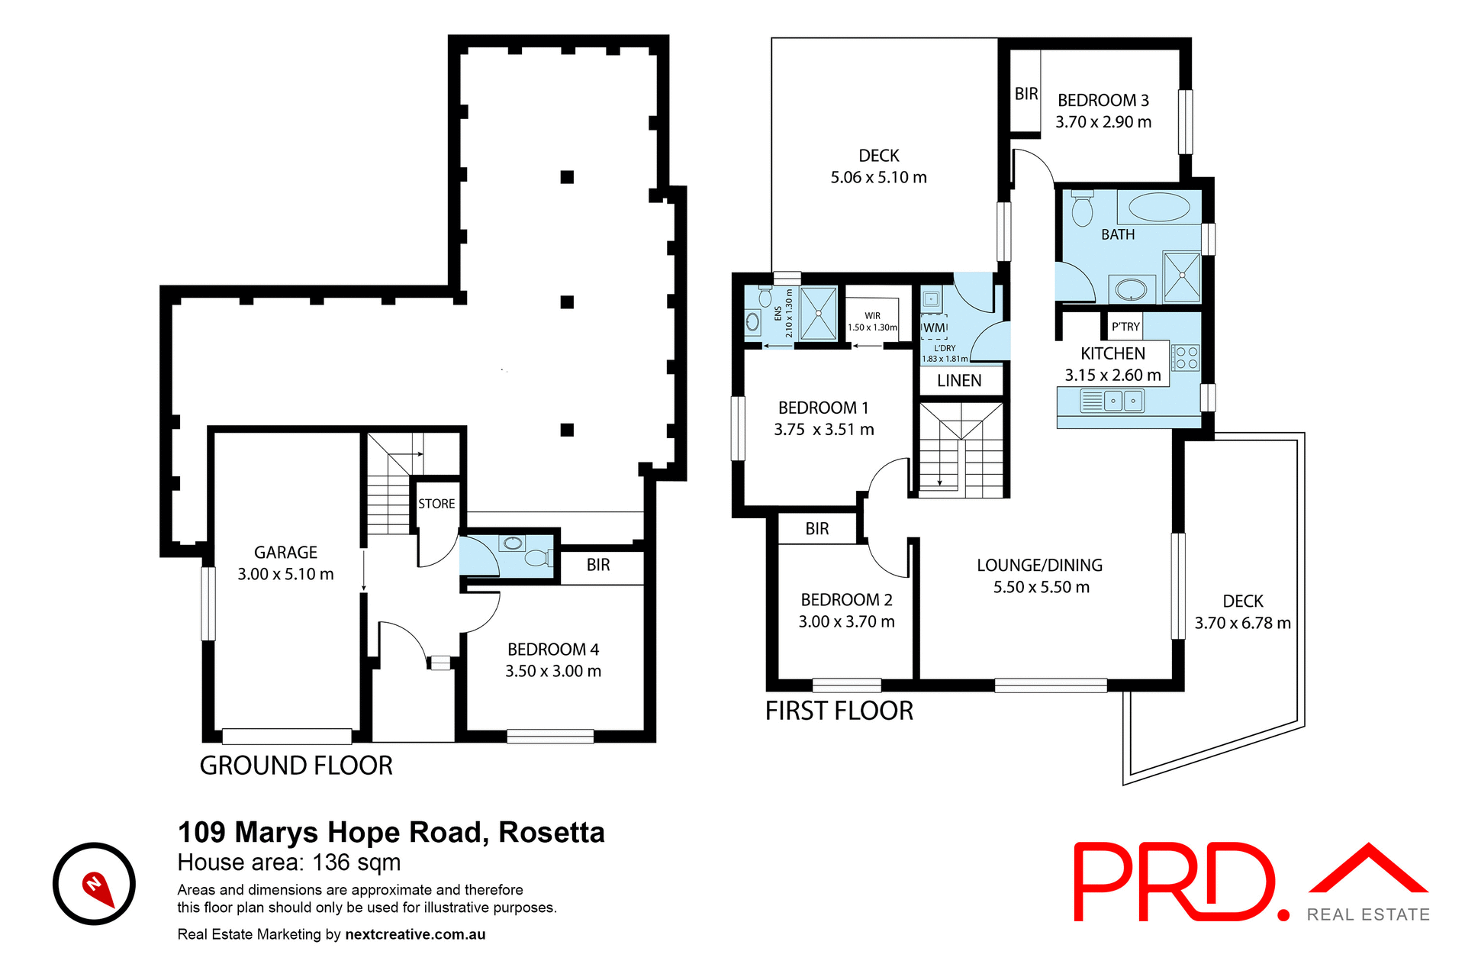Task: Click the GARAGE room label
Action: [x=285, y=552]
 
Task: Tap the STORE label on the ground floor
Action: [x=436, y=504]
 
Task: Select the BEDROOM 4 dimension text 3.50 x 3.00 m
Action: [x=553, y=671]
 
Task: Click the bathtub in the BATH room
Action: [x=1158, y=208]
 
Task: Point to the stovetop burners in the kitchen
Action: [x=1186, y=358]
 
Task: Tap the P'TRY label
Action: [x=1125, y=327]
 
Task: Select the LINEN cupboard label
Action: [x=959, y=381]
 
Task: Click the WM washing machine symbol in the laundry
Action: [x=935, y=327]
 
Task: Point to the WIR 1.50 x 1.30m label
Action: [x=872, y=321]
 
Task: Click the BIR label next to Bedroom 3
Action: [x=1026, y=94]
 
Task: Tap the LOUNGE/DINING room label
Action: [x=1039, y=566]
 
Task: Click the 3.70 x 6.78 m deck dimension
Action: [x=1242, y=623]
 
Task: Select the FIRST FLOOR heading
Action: [x=839, y=711]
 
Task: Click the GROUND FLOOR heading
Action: [x=296, y=766]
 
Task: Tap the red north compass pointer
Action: [x=98, y=888]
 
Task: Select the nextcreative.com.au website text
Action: [x=415, y=934]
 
